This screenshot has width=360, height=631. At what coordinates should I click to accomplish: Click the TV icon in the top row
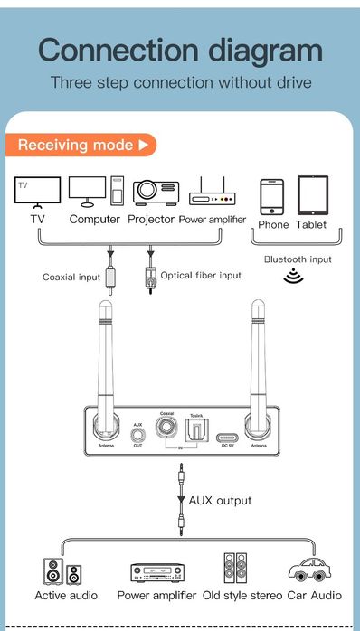38,192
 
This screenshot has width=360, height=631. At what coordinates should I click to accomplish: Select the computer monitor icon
88,190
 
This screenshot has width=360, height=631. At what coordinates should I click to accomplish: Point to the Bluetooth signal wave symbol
293,276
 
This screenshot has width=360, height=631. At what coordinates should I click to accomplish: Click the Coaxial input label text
71,277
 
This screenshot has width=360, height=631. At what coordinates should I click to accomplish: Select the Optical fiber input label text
201,275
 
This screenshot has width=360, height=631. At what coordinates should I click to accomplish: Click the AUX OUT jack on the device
137,439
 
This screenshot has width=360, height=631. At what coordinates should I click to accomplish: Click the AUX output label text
220,500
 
